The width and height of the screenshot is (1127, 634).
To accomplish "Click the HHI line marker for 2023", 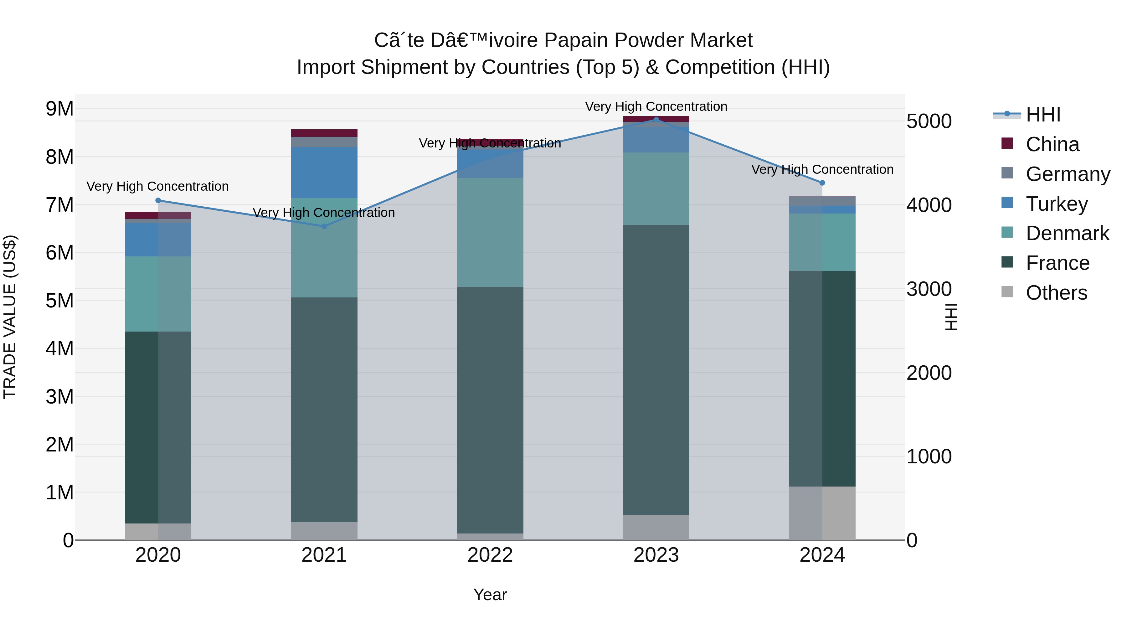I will [x=656, y=120].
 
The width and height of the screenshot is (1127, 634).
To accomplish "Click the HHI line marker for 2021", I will [x=324, y=226].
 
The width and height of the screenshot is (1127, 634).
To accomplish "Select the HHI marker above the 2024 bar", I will [x=822, y=183].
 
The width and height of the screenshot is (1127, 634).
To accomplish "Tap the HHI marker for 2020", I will [x=158, y=200].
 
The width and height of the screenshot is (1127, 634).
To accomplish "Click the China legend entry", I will [x=1052, y=144].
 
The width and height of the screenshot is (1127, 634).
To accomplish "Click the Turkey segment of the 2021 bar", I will [x=324, y=173].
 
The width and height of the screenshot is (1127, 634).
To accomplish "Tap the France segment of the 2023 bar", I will [x=656, y=370].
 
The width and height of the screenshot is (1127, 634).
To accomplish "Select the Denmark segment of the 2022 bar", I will [x=490, y=232].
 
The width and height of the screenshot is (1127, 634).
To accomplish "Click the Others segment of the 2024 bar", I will [x=822, y=513].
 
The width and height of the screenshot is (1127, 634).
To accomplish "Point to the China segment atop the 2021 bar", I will [x=324, y=133].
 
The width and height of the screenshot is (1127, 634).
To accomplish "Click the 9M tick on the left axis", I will [x=59, y=109].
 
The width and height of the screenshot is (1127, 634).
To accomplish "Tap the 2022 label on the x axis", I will [x=490, y=555].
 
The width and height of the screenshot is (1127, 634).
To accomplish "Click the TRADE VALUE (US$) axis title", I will [x=10, y=317].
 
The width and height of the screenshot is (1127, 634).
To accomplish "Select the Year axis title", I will [x=490, y=595].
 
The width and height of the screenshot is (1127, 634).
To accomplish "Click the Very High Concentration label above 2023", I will [x=656, y=106].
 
